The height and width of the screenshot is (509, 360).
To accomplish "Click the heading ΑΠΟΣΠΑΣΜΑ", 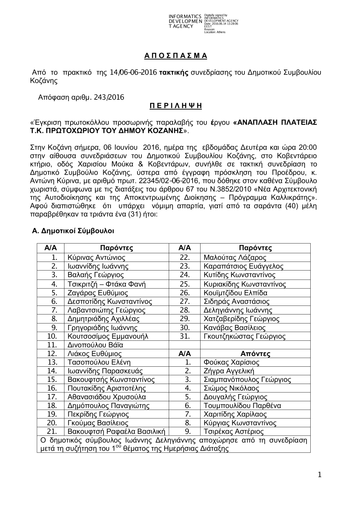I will click(x=176, y=56).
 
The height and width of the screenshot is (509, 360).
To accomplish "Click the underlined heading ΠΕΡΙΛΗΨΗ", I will click(x=176, y=106).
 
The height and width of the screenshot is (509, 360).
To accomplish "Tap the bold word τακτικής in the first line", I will click(x=174, y=73).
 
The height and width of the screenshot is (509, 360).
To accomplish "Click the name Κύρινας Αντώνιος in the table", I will click(x=96, y=258).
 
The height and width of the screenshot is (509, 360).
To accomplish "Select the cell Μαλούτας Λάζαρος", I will click(x=235, y=258).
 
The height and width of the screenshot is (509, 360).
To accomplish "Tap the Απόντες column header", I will click(x=255, y=354).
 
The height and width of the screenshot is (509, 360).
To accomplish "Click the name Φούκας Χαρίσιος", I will click(x=231, y=362).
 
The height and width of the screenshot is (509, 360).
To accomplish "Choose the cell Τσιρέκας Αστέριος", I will click(x=234, y=432).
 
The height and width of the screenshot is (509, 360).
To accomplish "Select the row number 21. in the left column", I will click(x=52, y=432).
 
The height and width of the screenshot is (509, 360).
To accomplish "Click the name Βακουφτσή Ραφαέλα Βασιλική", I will click(x=116, y=432).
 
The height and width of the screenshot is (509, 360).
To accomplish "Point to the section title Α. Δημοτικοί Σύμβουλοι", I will click(x=73, y=230).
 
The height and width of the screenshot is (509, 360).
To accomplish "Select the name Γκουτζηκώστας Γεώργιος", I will click(x=244, y=336).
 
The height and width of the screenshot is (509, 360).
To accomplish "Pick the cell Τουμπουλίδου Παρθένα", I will click(x=242, y=406).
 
